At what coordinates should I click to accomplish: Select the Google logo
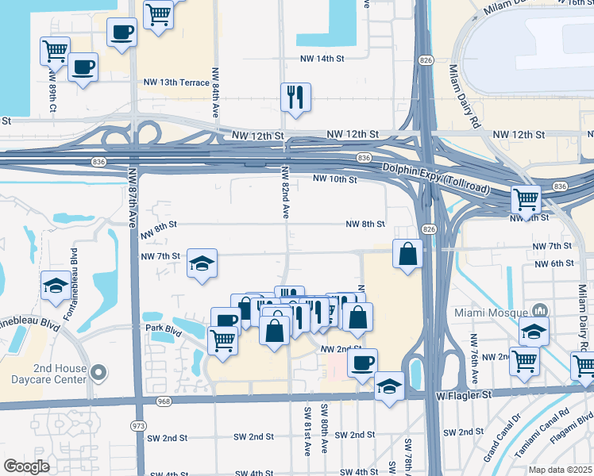coord(26,466)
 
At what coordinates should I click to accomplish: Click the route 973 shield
coord(139,425)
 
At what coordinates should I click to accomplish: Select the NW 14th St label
coord(322,59)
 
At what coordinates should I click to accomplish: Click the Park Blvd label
coord(163,328)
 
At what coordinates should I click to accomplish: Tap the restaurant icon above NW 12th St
coord(295,97)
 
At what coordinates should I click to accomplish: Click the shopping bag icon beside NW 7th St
coord(407,254)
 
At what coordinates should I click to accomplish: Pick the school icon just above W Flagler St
coord(388,386)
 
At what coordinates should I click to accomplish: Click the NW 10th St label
coord(334,179)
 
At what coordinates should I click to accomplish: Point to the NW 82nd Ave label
coord(285,193)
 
